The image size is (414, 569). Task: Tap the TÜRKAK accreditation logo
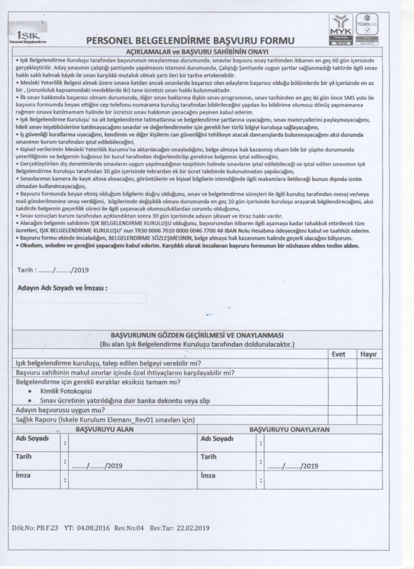pyautogui.click(x=368, y=29)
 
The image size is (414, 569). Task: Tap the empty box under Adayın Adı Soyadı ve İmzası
pyautogui.click(x=81, y=298)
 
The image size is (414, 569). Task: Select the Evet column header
pyautogui.click(x=339, y=354)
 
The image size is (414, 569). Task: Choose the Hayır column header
pyautogui.click(x=368, y=354)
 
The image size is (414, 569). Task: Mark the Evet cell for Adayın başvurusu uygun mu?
pyautogui.click(x=339, y=410)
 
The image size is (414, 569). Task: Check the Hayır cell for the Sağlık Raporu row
pyautogui.click(x=368, y=419)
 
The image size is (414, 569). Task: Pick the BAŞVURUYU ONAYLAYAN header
pyautogui.click(x=290, y=429)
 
